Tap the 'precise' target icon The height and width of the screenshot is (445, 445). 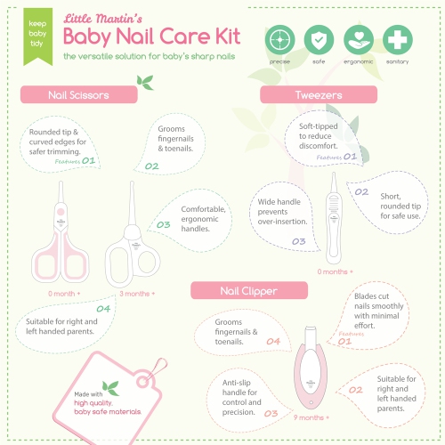click(280, 40)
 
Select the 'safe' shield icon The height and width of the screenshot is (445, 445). click(319, 40)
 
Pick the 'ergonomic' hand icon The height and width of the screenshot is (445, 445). click(358, 40)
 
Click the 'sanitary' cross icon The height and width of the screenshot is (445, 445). click(397, 40)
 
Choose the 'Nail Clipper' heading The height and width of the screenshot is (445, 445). click(250, 290)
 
